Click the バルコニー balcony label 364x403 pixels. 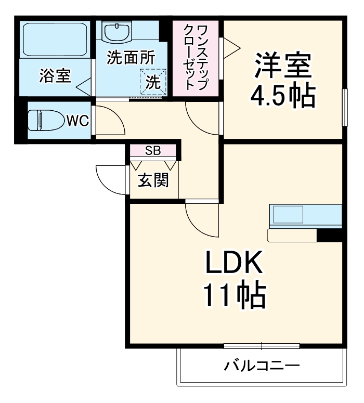(x=262, y=366)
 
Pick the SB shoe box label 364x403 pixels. (x=153, y=151)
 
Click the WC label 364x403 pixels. (x=77, y=121)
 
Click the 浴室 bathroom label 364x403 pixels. (x=55, y=76)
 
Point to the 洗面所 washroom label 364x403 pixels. (x=131, y=57)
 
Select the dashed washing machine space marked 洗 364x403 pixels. (x=153, y=82)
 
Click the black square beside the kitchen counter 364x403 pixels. (x=329, y=235)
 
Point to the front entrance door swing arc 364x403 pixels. (x=110, y=179)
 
